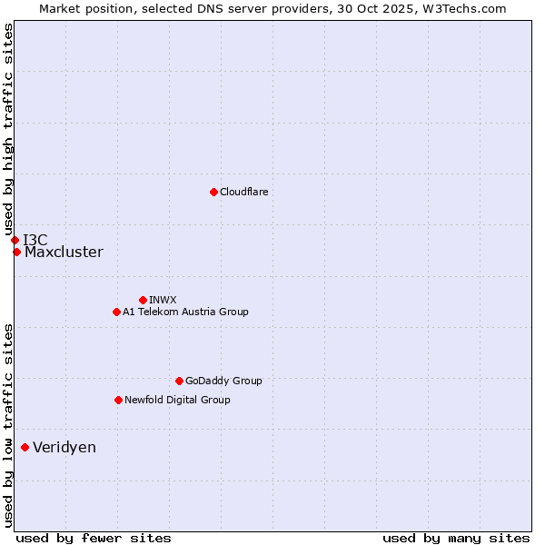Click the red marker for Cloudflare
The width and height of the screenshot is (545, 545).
click(213, 192)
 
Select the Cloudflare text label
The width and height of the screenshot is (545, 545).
click(244, 192)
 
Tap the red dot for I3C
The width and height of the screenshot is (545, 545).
click(15, 240)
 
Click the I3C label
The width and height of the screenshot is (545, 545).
click(35, 240)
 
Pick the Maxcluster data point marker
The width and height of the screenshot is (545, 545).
click(16, 252)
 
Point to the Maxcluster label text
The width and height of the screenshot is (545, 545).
click(64, 253)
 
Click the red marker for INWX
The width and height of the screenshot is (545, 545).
click(143, 300)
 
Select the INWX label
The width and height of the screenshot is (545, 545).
click(163, 300)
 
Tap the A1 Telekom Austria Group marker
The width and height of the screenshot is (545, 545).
click(116, 312)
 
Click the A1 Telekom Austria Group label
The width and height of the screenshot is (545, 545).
click(185, 312)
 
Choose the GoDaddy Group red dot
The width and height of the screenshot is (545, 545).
click(179, 381)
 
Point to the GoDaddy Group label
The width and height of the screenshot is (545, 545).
click(223, 381)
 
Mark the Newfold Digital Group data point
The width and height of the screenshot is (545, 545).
click(118, 400)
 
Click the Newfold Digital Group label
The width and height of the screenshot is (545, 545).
click(177, 400)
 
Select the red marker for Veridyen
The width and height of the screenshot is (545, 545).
click(25, 447)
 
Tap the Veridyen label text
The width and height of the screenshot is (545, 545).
click(64, 448)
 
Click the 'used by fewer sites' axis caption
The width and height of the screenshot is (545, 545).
click(94, 538)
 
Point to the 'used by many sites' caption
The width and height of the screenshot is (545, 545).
click(456, 538)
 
